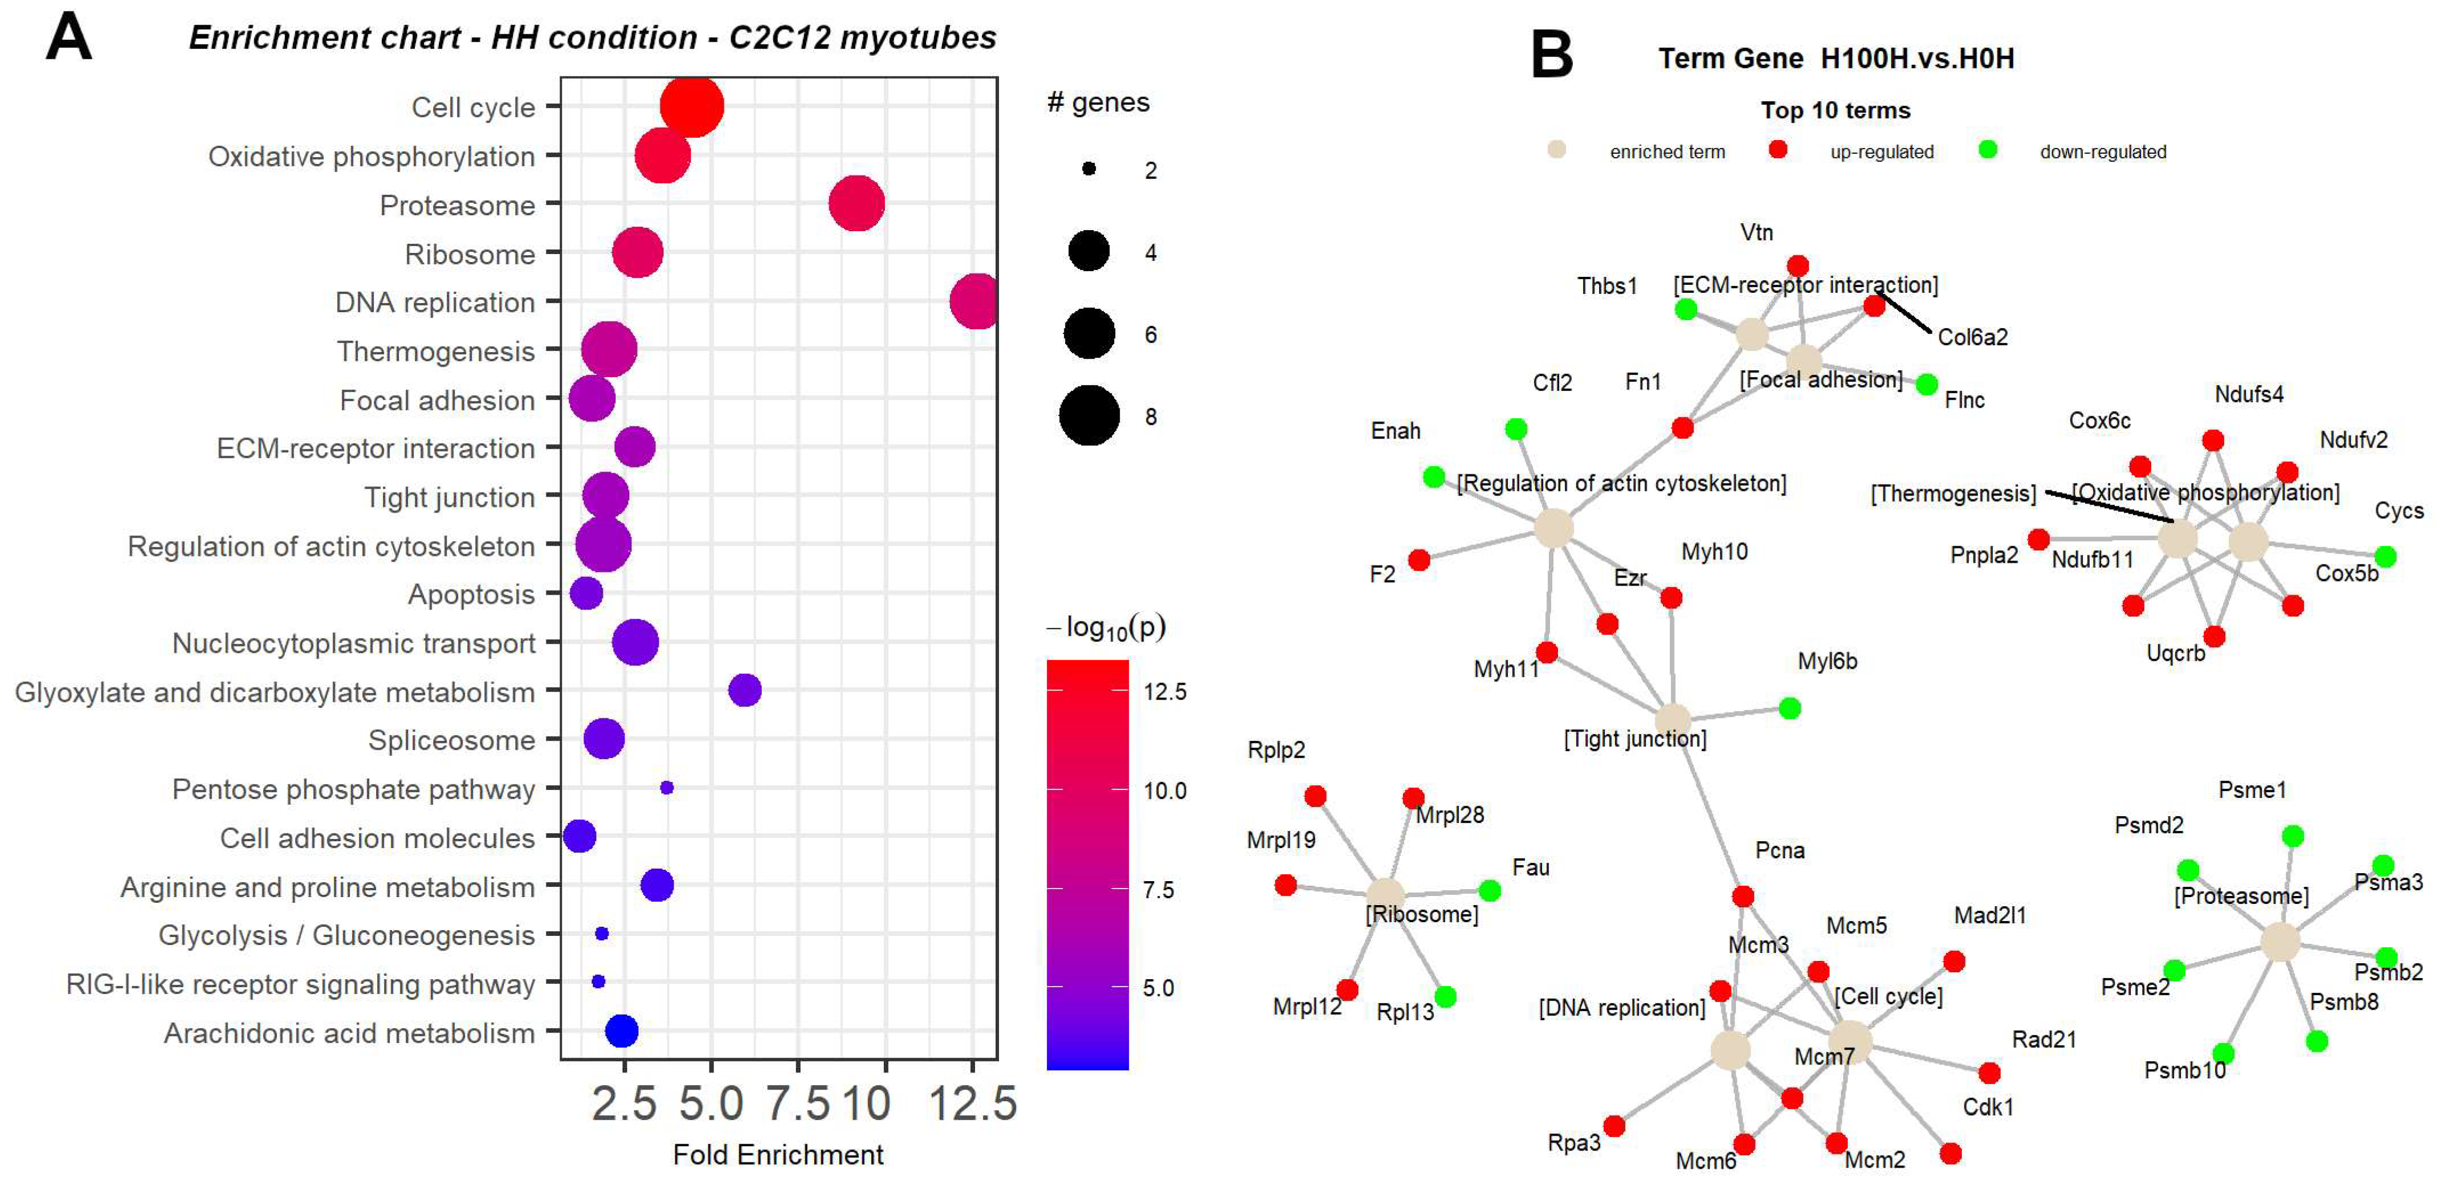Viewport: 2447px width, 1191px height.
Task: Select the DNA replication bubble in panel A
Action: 974,301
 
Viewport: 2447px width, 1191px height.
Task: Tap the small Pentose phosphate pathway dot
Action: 666,787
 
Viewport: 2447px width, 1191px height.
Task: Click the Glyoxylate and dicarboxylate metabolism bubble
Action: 745,690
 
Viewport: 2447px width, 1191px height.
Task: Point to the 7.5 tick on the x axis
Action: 798,1104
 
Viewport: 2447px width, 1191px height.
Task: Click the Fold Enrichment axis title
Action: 777,1155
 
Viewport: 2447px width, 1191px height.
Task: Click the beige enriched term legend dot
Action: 1556,150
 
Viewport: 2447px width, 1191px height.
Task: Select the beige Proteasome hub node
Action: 2280,941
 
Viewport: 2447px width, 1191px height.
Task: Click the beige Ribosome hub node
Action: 1385,894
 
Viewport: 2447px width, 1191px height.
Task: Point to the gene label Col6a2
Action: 1972,337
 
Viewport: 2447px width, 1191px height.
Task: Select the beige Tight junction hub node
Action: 1673,721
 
